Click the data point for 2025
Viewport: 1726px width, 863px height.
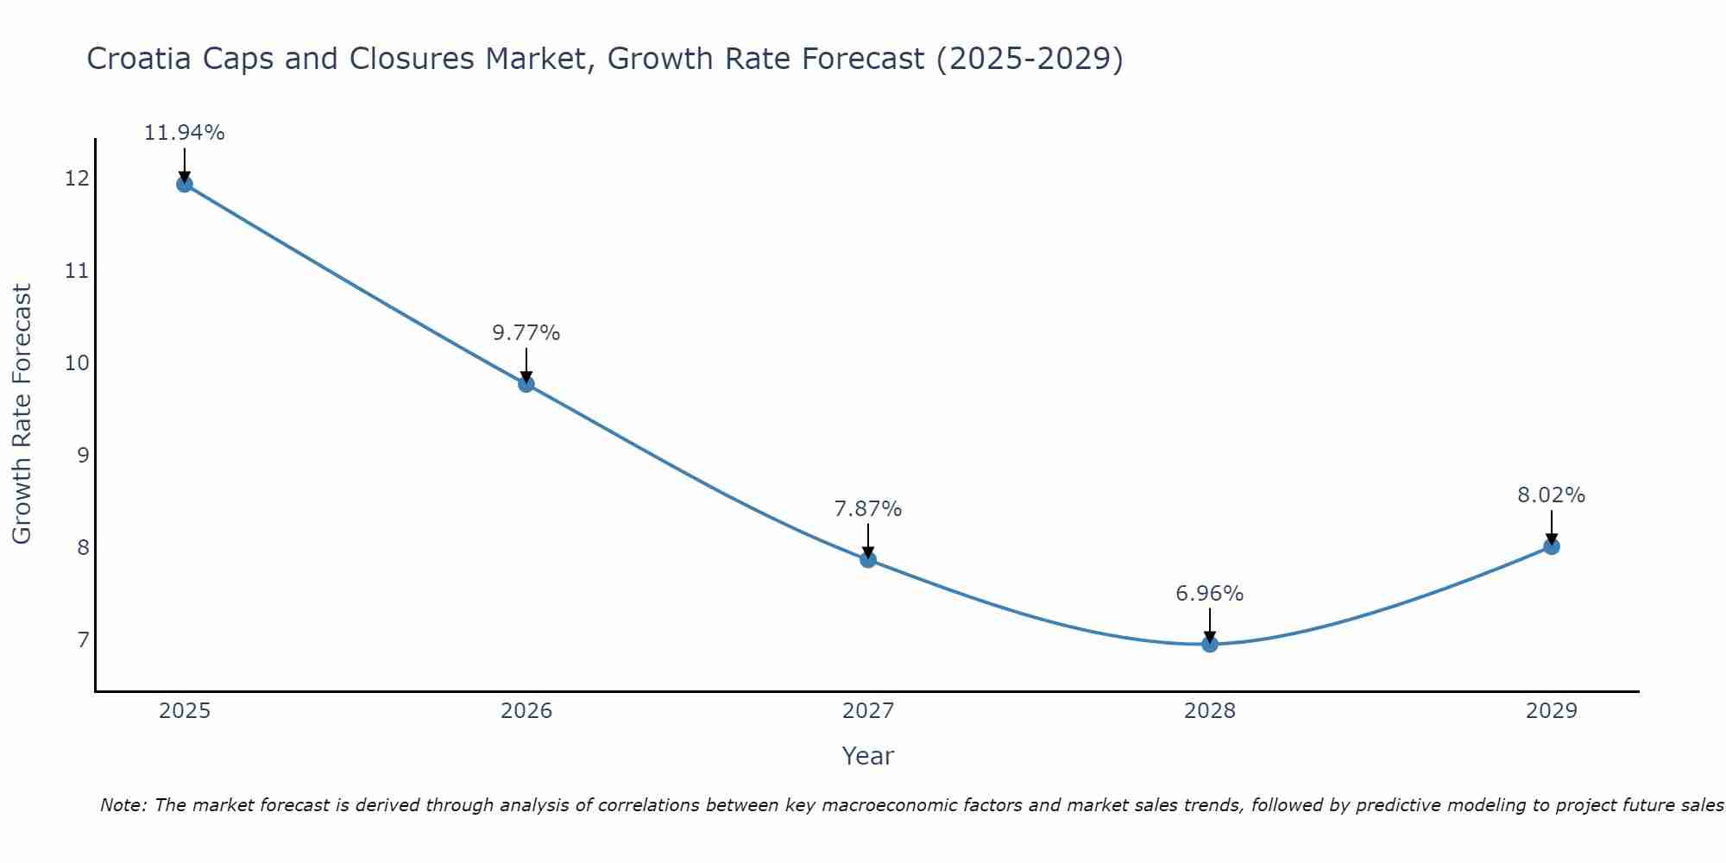tap(184, 184)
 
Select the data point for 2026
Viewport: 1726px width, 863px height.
tap(526, 384)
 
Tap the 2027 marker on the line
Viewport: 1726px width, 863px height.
tap(868, 559)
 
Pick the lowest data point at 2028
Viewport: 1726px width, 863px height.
tap(1210, 644)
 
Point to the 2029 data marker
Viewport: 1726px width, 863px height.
tap(1552, 546)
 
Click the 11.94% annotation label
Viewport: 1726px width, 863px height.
tap(184, 133)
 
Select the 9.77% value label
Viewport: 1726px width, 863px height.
tap(526, 333)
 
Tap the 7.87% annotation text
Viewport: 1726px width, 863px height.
tap(868, 509)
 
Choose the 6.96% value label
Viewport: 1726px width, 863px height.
tap(1210, 594)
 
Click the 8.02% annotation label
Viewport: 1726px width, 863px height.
tap(1552, 495)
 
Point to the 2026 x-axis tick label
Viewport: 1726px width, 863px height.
tap(526, 711)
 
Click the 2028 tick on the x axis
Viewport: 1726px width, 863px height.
tap(1210, 711)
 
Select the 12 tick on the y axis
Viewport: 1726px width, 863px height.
tap(77, 179)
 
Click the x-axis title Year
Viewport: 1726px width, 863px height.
tap(868, 756)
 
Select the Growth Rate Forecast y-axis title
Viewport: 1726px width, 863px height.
tap(22, 414)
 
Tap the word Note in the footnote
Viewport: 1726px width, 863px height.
tap(123, 805)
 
